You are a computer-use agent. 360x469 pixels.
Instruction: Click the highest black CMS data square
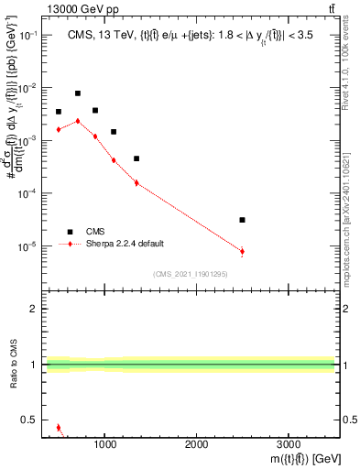click(78, 93)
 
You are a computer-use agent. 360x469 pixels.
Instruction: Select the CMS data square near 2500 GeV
click(242, 220)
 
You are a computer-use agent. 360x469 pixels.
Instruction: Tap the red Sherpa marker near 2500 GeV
click(242, 251)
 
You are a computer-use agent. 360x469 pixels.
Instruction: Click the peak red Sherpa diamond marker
click(78, 121)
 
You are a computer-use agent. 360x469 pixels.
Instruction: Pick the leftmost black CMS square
click(59, 112)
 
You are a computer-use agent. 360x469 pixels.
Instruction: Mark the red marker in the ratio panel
click(59, 428)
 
